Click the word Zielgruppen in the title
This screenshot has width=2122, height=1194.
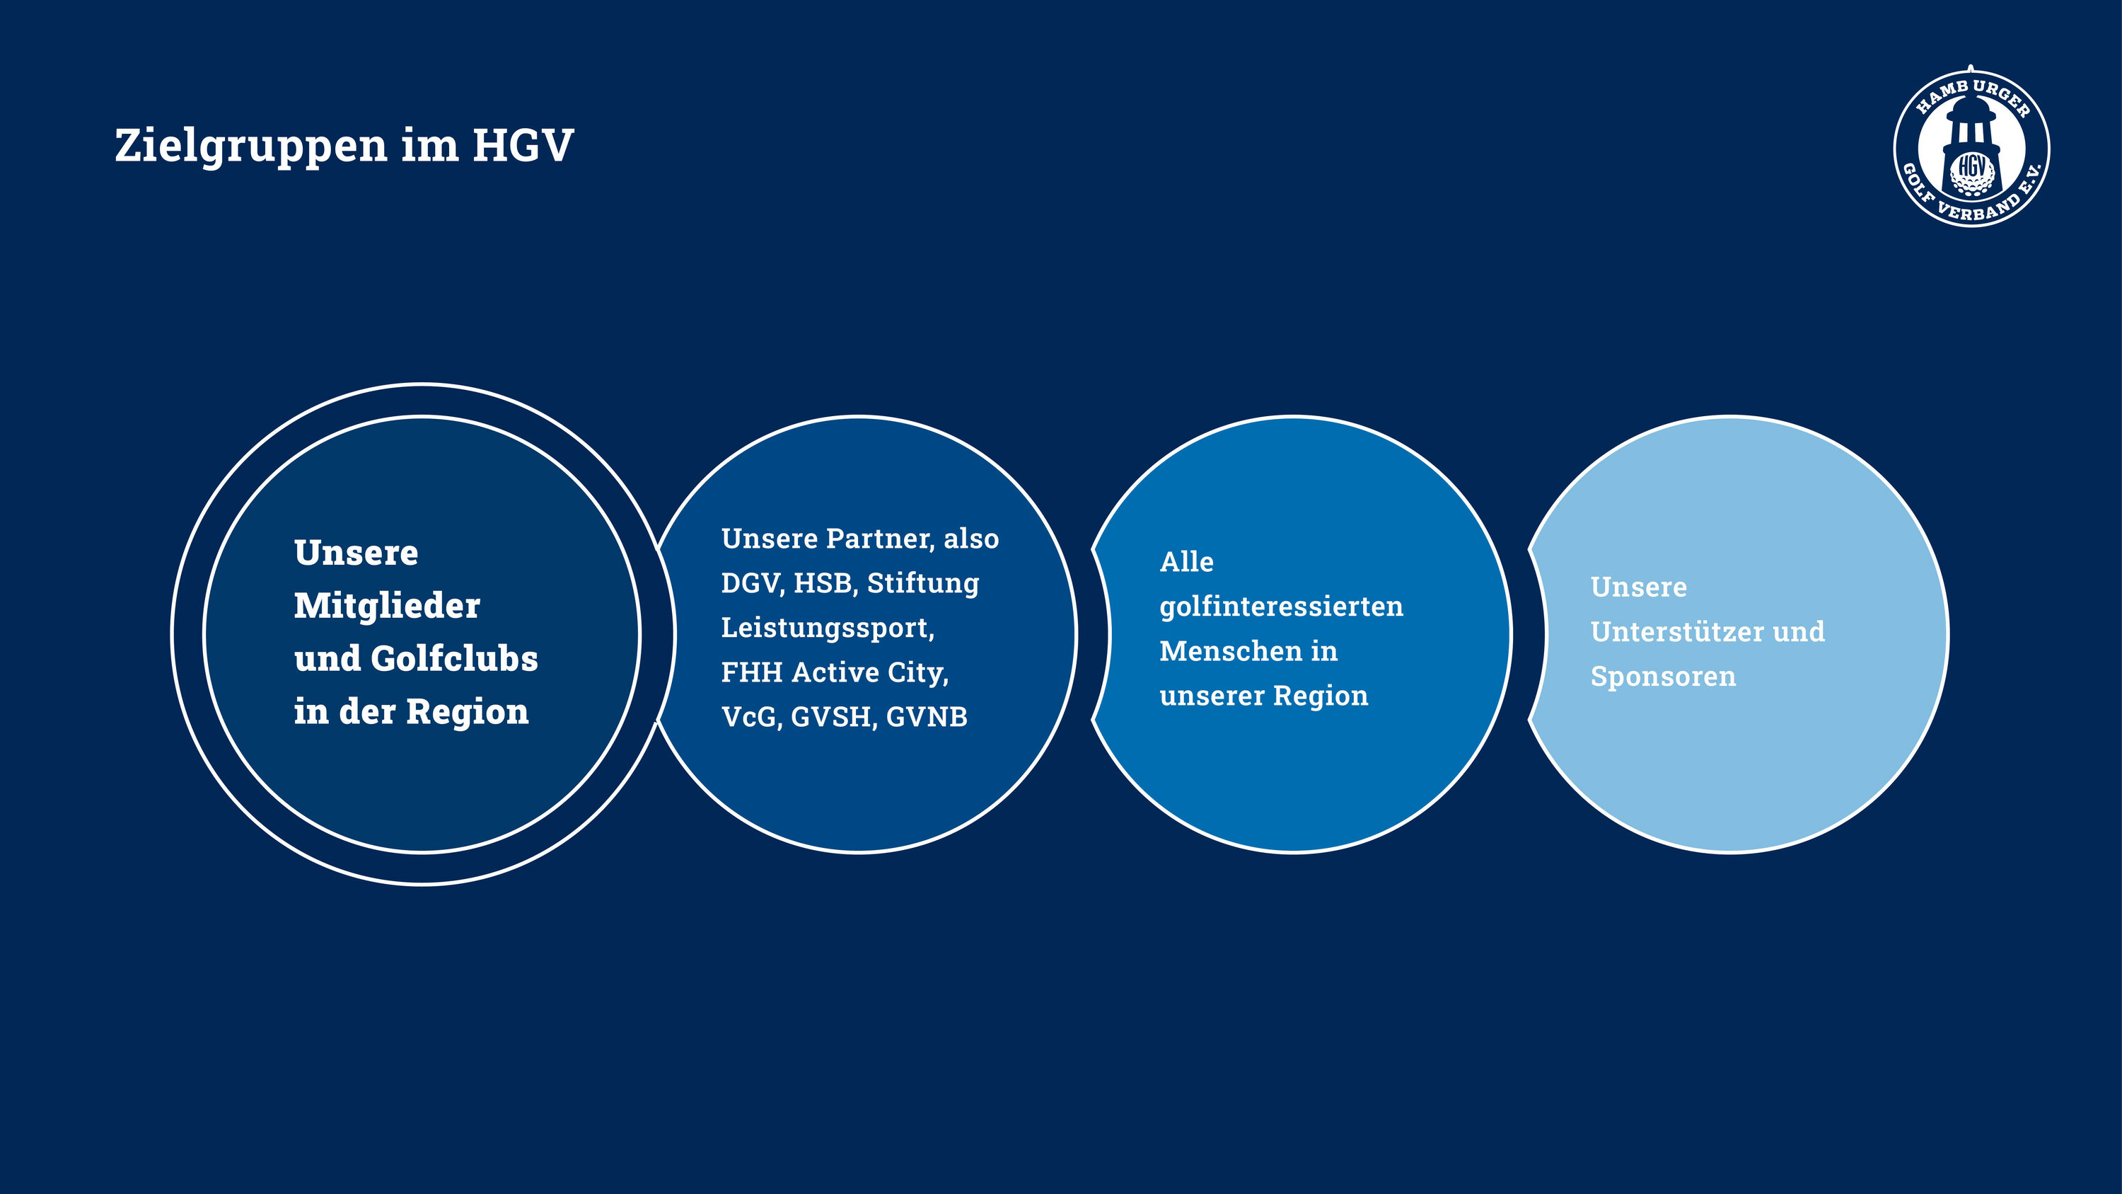(251, 147)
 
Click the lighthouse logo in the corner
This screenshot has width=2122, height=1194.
(1971, 147)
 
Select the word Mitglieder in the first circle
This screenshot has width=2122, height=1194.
(386, 606)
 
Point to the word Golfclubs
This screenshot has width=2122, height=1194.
(454, 658)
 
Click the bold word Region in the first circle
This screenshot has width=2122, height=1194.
(467, 713)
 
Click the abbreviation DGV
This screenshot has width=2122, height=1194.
(750, 583)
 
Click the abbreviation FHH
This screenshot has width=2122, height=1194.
(751, 672)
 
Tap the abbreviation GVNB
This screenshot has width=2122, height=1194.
(927, 717)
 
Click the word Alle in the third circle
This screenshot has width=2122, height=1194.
(1186, 562)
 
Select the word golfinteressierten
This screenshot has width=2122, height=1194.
(1281, 607)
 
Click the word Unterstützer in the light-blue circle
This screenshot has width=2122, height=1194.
(1675, 632)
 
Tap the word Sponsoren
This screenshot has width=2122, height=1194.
(1663, 677)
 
